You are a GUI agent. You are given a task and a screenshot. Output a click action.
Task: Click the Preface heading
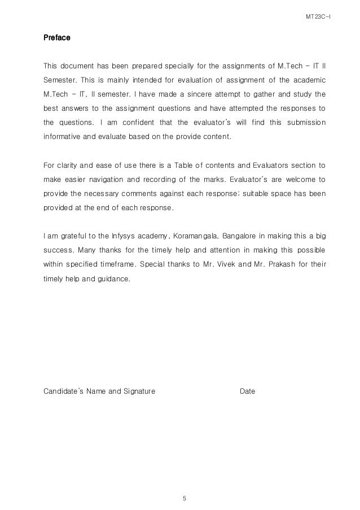click(57, 39)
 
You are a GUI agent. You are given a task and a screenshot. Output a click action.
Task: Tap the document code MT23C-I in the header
click(318, 17)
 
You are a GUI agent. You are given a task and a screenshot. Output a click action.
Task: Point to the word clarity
click(65, 165)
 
